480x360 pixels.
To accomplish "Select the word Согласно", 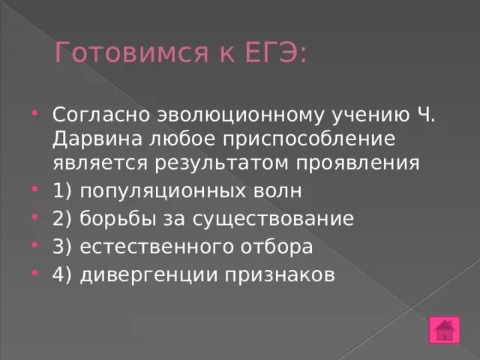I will (100, 117).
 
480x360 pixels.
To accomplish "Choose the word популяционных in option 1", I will (161, 191).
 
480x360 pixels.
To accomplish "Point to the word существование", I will (274, 219).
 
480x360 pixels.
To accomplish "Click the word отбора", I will (276, 247).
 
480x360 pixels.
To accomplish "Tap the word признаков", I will (279, 274).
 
